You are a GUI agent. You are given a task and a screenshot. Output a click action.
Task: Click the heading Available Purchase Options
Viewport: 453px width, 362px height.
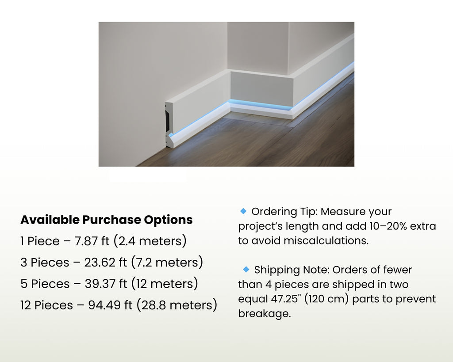point(106,220)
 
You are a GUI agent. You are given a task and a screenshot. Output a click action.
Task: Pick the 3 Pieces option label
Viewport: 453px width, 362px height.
point(45,263)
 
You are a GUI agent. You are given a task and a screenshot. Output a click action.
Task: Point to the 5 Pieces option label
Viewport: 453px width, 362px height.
point(45,284)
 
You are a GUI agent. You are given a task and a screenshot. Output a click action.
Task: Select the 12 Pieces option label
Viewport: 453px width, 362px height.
point(46,305)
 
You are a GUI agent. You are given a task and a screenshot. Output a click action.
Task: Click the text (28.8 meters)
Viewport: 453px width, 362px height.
point(177,305)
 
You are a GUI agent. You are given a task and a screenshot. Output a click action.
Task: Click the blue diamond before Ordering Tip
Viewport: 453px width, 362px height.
point(243,211)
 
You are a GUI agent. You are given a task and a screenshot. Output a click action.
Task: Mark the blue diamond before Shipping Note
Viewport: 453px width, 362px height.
point(246,269)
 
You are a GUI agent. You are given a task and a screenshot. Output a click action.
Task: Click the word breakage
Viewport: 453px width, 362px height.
point(265,314)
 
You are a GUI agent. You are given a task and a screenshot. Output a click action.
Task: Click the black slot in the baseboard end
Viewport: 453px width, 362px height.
point(168,121)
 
